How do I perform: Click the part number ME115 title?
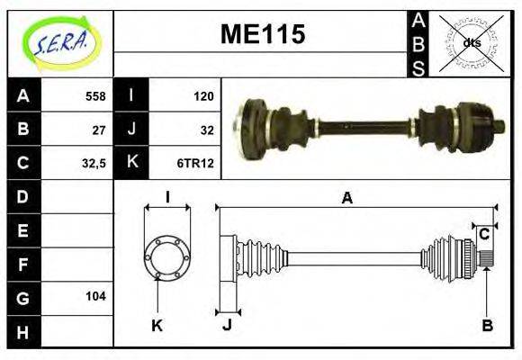(x=263, y=34)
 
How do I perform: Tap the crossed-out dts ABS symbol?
(x=471, y=42)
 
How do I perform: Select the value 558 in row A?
(x=95, y=96)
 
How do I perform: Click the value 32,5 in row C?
(x=94, y=163)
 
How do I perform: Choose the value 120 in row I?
(x=203, y=96)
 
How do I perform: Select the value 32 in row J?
(x=207, y=129)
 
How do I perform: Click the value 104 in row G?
(x=95, y=296)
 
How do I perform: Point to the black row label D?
(x=22, y=196)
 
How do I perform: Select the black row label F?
(x=22, y=264)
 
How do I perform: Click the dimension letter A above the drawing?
(x=346, y=199)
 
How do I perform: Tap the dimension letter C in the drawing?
(x=484, y=234)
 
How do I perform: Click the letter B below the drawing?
(x=487, y=326)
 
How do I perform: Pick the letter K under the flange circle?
(x=157, y=326)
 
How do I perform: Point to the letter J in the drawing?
(x=228, y=326)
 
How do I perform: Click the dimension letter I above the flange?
(x=166, y=198)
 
